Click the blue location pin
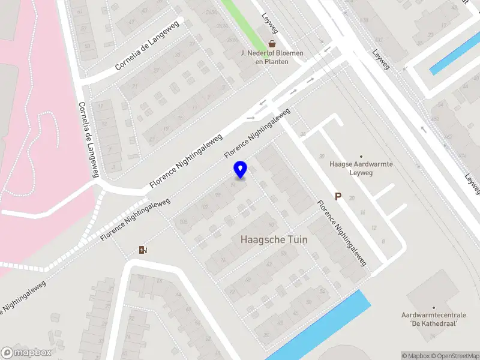coord(240,169)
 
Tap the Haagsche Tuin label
coord(274,239)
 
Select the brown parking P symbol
coord(338,196)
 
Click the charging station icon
coord(143,250)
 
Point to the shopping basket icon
coord(272,43)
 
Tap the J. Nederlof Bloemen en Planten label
coord(272,57)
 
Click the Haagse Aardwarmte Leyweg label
coord(361,167)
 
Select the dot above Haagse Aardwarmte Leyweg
coord(361,155)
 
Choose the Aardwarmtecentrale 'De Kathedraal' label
coord(430,319)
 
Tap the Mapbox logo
coord(26,353)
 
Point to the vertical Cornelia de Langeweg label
coord(88,139)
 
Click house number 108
coord(182,223)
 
